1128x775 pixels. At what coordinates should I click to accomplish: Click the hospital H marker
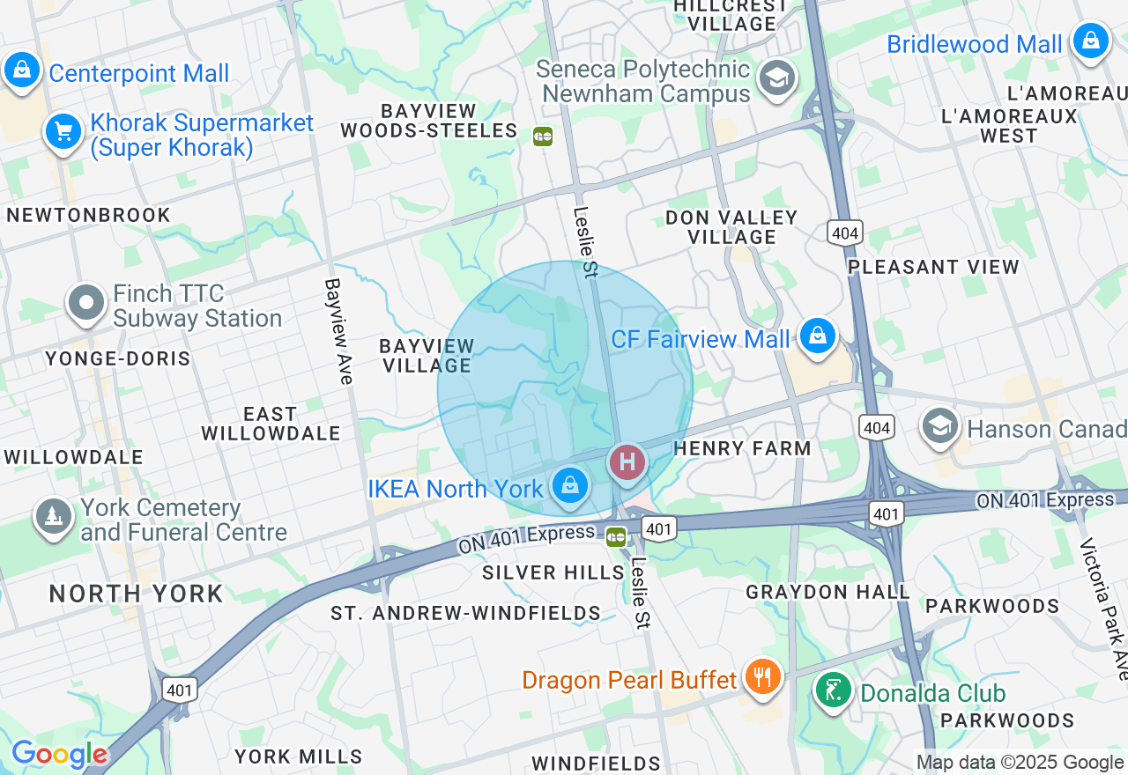click(627, 461)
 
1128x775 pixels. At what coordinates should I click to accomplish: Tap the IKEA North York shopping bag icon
click(570, 485)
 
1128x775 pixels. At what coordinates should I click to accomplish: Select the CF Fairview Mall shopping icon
click(818, 336)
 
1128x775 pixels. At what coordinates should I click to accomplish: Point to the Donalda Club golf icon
click(833, 690)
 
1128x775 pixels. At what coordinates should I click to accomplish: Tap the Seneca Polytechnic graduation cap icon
click(777, 78)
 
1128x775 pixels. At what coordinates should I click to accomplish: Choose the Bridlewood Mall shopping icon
click(1090, 41)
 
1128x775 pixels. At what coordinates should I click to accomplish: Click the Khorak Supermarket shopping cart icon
click(63, 132)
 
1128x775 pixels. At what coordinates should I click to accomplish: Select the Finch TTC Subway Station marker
click(86, 303)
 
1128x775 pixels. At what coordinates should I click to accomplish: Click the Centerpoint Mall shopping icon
click(22, 70)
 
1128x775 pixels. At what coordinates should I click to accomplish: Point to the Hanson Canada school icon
click(940, 426)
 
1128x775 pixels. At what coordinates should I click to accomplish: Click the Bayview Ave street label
click(339, 331)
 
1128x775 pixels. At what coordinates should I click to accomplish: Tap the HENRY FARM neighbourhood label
click(742, 448)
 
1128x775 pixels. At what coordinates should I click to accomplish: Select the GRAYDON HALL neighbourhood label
click(827, 592)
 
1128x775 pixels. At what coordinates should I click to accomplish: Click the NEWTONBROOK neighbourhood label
click(88, 215)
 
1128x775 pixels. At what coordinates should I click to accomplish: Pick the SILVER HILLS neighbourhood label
click(553, 572)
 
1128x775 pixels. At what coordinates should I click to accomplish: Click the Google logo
click(58, 754)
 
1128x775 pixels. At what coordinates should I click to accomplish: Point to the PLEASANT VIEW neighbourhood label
click(933, 266)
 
